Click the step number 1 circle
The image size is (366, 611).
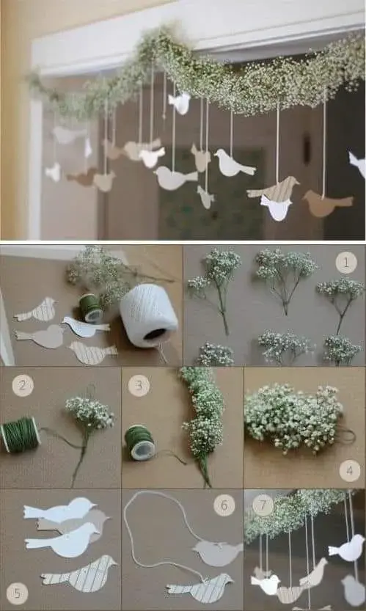tap(346, 263)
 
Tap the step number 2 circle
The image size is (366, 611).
tap(23, 385)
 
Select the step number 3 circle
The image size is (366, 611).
tap(139, 385)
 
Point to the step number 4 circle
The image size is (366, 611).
tap(350, 471)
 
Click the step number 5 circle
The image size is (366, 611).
tap(17, 593)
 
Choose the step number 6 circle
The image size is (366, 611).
tap(224, 505)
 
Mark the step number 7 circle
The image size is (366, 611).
tap(263, 505)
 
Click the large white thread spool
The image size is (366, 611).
tap(148, 316)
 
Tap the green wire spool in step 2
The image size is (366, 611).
tap(21, 434)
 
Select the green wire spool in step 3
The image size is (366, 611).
tap(140, 442)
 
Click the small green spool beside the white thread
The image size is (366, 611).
tap(91, 308)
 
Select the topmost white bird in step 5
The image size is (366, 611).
tap(59, 510)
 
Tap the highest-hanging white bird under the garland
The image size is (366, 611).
tap(180, 103)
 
